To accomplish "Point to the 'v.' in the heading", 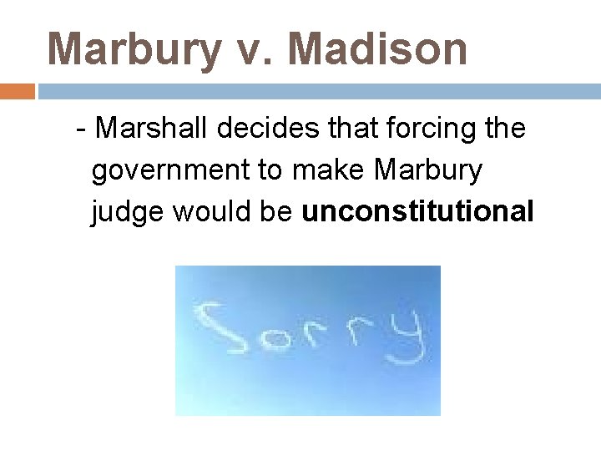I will [255, 50].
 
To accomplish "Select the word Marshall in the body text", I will [154, 129].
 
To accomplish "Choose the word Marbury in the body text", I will [428, 170].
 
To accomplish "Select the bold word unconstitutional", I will [417, 212].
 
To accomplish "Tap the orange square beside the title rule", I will [18, 91].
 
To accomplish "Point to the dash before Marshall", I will [81, 129].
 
